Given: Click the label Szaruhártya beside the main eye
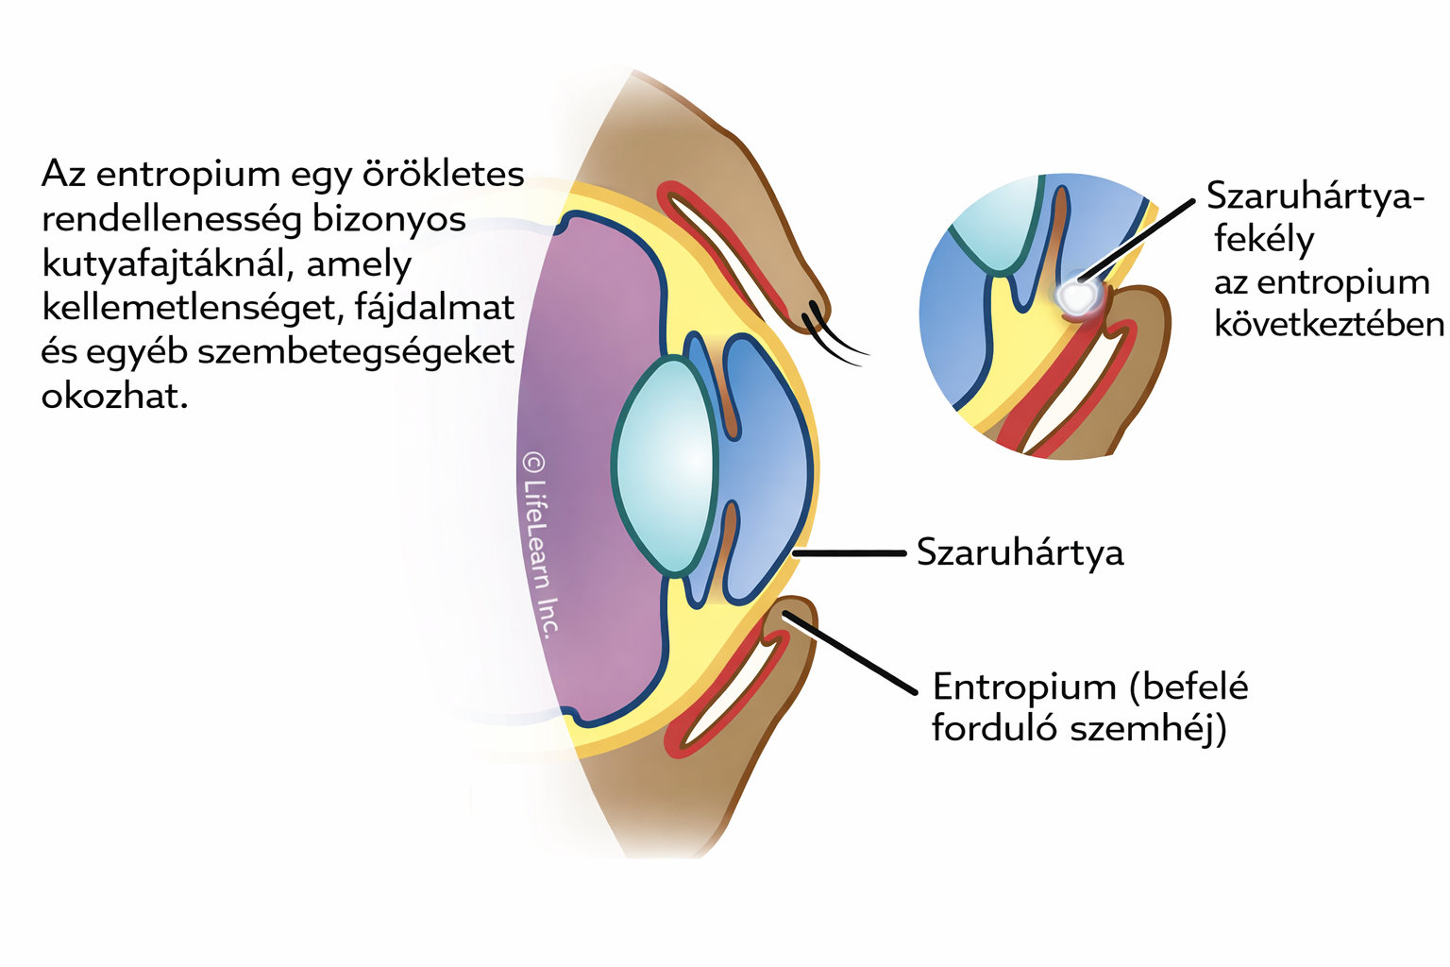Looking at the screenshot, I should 1020,553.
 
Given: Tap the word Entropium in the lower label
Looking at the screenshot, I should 1023,687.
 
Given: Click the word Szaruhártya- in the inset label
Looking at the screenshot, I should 1315,196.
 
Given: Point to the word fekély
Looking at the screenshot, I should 1263,239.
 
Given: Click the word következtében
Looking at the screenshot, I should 1329,324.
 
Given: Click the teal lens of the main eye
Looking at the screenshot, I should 665,466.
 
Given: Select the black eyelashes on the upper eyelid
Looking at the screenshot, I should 835,340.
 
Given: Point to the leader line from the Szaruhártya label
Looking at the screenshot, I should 850,553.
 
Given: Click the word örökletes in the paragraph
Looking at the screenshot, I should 444,175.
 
